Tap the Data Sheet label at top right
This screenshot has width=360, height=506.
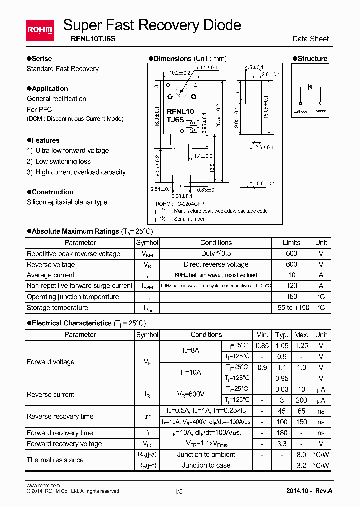coord(310,39)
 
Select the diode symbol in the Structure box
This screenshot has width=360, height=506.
coord(310,87)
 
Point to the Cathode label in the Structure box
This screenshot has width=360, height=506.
coord(300,111)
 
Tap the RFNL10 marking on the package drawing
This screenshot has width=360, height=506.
coord(180,112)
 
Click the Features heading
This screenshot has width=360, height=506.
coord(45,140)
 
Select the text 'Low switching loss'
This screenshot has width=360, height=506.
coord(63,161)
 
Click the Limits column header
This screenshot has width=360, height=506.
coord(291,243)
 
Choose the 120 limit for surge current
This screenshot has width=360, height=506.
coord(291,286)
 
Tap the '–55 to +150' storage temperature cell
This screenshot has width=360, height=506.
coord(292,308)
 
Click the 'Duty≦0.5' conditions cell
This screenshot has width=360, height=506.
coord(216,254)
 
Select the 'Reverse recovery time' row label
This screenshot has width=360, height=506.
coord(60,416)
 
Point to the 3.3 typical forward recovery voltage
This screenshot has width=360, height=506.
coord(282,444)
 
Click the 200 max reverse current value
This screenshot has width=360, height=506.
coord(301,400)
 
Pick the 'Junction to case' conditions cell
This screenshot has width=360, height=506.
coord(206,465)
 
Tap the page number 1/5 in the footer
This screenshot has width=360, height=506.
coord(179,491)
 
